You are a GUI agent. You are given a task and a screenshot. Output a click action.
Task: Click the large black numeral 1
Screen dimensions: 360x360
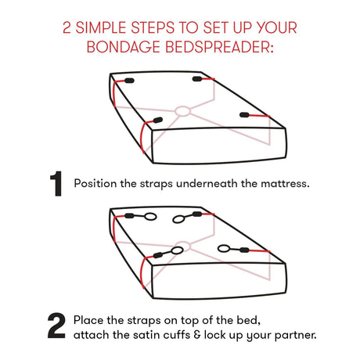[56, 183]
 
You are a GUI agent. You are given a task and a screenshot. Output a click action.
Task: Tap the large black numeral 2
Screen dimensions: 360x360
[56, 326]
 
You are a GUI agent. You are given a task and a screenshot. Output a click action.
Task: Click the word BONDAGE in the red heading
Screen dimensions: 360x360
[123, 47]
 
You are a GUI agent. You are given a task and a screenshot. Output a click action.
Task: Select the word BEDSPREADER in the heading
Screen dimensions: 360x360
[219, 47]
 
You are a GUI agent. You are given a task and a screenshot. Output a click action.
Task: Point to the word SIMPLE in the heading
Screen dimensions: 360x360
[101, 27]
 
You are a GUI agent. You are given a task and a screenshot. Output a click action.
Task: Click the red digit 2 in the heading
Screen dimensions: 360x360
[67, 27]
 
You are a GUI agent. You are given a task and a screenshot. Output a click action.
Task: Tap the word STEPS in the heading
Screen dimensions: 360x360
[153, 27]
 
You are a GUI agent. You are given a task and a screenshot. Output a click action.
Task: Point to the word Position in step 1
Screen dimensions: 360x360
[95, 183]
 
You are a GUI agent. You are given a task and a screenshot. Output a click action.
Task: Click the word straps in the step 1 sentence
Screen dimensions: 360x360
[156, 184]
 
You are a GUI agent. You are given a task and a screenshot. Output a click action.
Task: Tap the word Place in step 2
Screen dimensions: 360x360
[88, 320]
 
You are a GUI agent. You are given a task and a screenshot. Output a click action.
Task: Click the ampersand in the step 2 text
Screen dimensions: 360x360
[197, 335]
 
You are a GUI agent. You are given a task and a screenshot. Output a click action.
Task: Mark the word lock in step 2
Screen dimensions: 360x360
[214, 335]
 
